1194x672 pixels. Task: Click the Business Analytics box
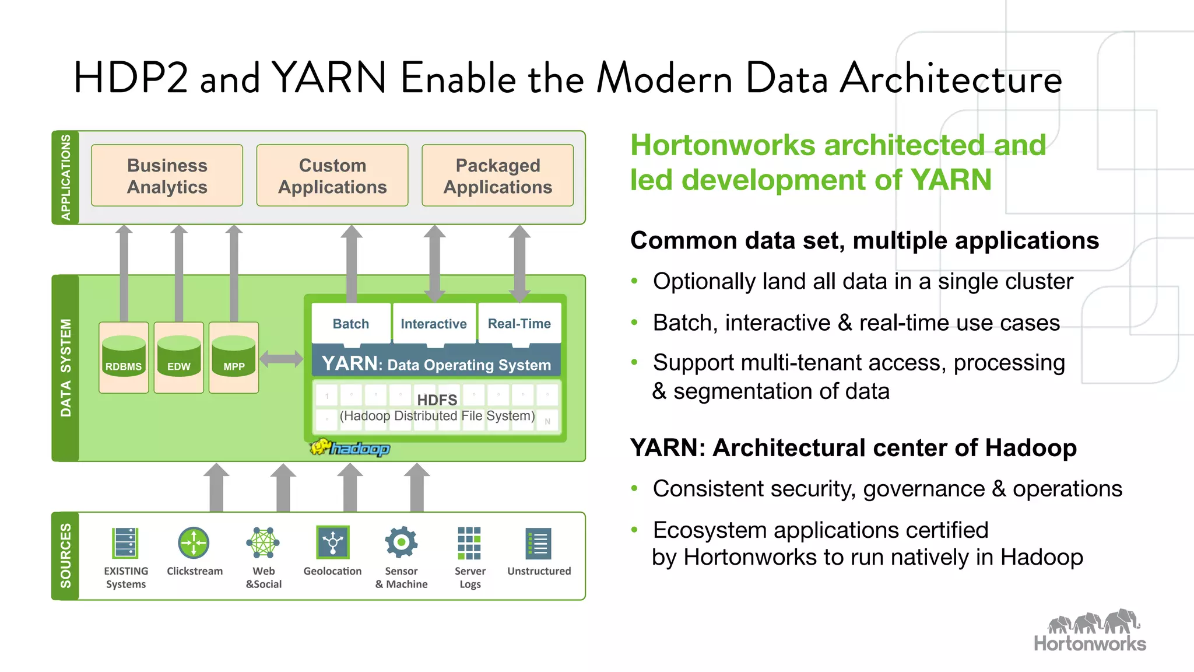point(167,176)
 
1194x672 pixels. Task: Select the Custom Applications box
point(332,176)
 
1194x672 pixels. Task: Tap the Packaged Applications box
point(497,176)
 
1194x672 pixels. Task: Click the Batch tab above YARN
point(351,323)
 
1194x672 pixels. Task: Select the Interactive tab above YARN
point(434,323)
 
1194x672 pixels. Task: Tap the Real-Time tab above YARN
point(519,323)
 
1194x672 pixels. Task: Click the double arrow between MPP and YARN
point(281,359)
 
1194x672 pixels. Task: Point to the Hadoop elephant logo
point(350,448)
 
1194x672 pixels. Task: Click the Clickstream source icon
point(194,543)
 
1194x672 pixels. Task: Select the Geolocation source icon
point(332,542)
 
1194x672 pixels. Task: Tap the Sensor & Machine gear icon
point(401,542)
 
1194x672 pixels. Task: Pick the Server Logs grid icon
point(469,543)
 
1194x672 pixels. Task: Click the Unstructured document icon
point(539,544)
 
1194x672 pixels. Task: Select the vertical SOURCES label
point(65,555)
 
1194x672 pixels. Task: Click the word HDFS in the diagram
point(437,400)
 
